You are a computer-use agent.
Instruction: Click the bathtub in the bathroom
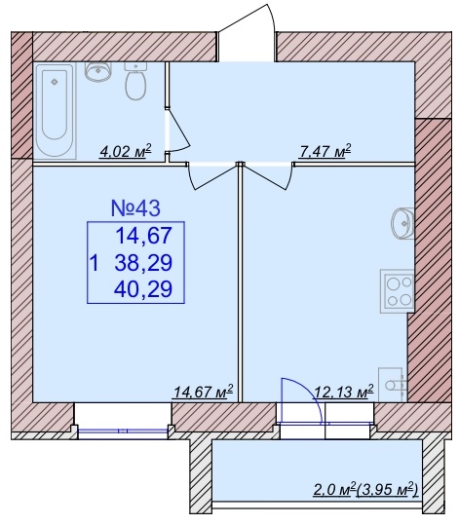click(55, 111)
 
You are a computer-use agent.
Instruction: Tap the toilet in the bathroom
click(135, 81)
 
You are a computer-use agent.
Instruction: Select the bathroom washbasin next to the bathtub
click(97, 72)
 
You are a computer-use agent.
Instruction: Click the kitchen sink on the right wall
click(402, 224)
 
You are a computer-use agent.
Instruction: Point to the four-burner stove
click(398, 291)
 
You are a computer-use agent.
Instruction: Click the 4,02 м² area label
click(126, 151)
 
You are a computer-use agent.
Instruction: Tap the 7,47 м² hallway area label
click(325, 151)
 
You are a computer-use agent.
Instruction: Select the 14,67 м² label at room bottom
click(203, 392)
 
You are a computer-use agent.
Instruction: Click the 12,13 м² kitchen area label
click(343, 392)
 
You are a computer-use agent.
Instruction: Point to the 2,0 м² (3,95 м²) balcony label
click(365, 490)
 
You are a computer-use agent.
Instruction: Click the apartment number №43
click(135, 207)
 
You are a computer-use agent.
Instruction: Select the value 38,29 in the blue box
click(143, 263)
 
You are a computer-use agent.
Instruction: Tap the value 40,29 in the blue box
click(143, 289)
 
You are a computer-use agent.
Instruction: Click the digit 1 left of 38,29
click(95, 263)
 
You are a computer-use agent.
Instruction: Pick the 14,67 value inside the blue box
click(143, 236)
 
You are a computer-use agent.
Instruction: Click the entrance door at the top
click(247, 33)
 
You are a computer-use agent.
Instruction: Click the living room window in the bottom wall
click(123, 431)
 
